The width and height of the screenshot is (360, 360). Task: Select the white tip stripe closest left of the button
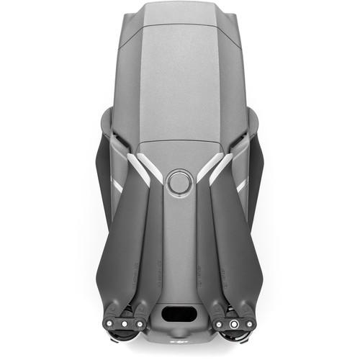click(x=153, y=169)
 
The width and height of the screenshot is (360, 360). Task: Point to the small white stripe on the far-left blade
click(x=117, y=186)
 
